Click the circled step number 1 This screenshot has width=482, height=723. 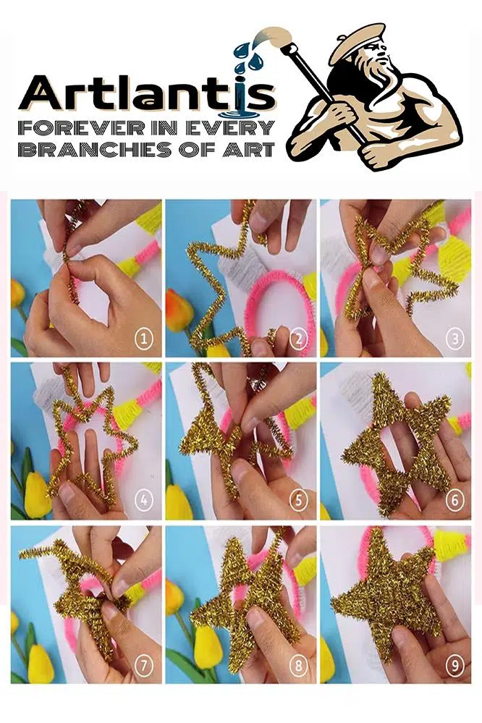(x=143, y=340)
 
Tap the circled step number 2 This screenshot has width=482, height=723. (x=299, y=340)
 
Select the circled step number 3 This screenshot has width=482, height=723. (x=454, y=340)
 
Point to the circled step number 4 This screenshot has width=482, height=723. (x=143, y=500)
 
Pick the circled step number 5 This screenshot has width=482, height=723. (x=299, y=500)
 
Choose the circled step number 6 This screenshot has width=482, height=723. (x=454, y=500)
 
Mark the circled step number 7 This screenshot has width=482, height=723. (x=143, y=665)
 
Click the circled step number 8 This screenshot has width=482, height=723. (x=299, y=665)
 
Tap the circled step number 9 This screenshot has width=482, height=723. (x=454, y=665)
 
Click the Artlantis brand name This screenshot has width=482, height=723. (x=147, y=97)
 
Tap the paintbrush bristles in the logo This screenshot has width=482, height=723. (x=274, y=36)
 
